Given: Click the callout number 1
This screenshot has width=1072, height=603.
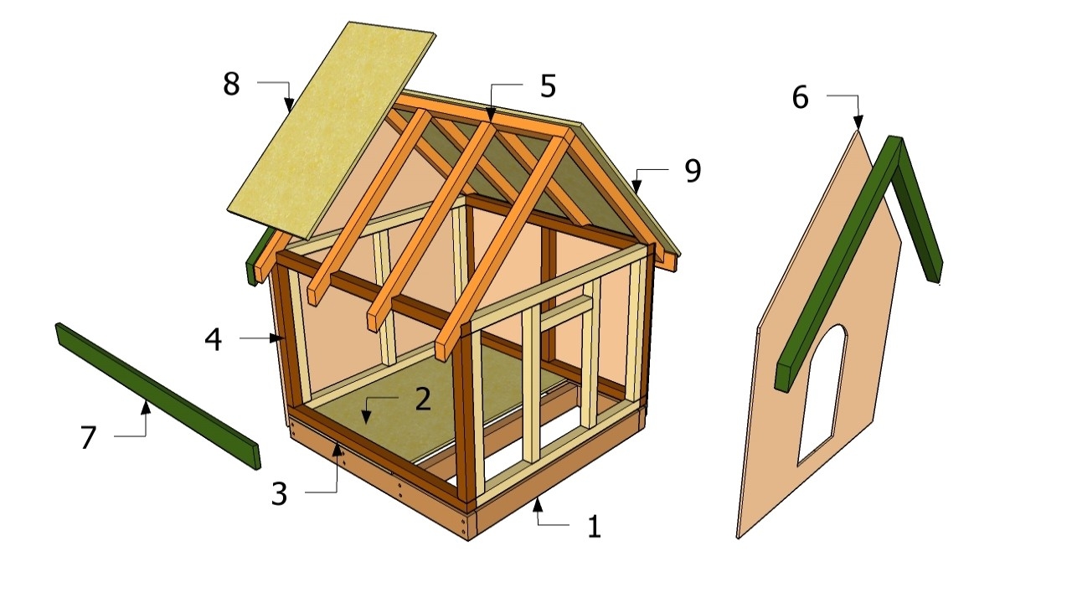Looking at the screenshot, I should point(594,527).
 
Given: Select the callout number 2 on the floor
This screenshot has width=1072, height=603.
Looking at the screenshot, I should point(422,399).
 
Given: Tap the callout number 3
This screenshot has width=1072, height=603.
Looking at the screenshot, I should point(279,493).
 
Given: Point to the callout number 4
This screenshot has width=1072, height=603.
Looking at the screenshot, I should point(213,339).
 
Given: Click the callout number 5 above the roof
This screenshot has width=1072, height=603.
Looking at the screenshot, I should point(548,85).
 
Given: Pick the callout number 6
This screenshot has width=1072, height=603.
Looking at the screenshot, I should point(800,98).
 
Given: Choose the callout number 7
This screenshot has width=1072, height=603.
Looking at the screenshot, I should point(89,437).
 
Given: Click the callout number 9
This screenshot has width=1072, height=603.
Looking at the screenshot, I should point(692,171).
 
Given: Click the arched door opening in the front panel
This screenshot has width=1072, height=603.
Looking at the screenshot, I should point(821,394).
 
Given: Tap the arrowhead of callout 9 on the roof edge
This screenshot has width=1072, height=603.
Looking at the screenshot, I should point(636,188).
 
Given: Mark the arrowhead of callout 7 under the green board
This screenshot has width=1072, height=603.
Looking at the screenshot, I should point(146,406).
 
